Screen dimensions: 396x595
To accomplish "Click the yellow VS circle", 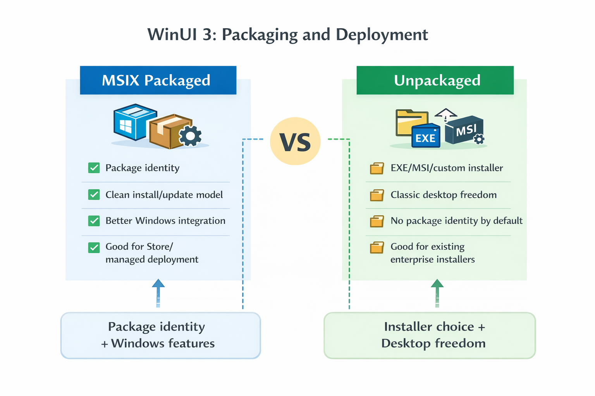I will point(295,142).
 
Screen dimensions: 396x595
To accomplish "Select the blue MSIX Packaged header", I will point(158,80).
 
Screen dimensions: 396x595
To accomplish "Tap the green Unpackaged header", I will point(435,80).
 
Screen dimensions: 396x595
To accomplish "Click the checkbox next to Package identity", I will point(94,168).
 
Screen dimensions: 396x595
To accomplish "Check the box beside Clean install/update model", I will point(94,195).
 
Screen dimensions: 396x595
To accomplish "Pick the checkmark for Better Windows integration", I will point(94,221).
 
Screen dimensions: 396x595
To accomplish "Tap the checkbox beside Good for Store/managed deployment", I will point(94,247).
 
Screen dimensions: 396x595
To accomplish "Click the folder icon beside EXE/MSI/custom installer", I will point(377,169).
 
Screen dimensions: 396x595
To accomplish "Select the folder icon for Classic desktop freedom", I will point(377,195).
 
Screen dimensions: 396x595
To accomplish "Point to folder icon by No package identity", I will point(377,221).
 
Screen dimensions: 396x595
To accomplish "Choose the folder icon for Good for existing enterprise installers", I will point(377,247).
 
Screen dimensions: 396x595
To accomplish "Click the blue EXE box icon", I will point(426,137).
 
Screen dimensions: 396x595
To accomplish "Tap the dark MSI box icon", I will point(464,130).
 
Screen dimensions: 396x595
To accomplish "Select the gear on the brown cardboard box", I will point(190,136).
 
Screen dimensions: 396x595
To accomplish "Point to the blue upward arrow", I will point(158,292).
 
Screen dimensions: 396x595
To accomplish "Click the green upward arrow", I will point(437,292).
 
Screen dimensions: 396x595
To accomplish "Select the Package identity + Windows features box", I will point(160,335).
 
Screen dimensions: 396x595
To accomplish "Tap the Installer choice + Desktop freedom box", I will point(430,335).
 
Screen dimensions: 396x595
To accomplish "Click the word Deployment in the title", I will point(382,35).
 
